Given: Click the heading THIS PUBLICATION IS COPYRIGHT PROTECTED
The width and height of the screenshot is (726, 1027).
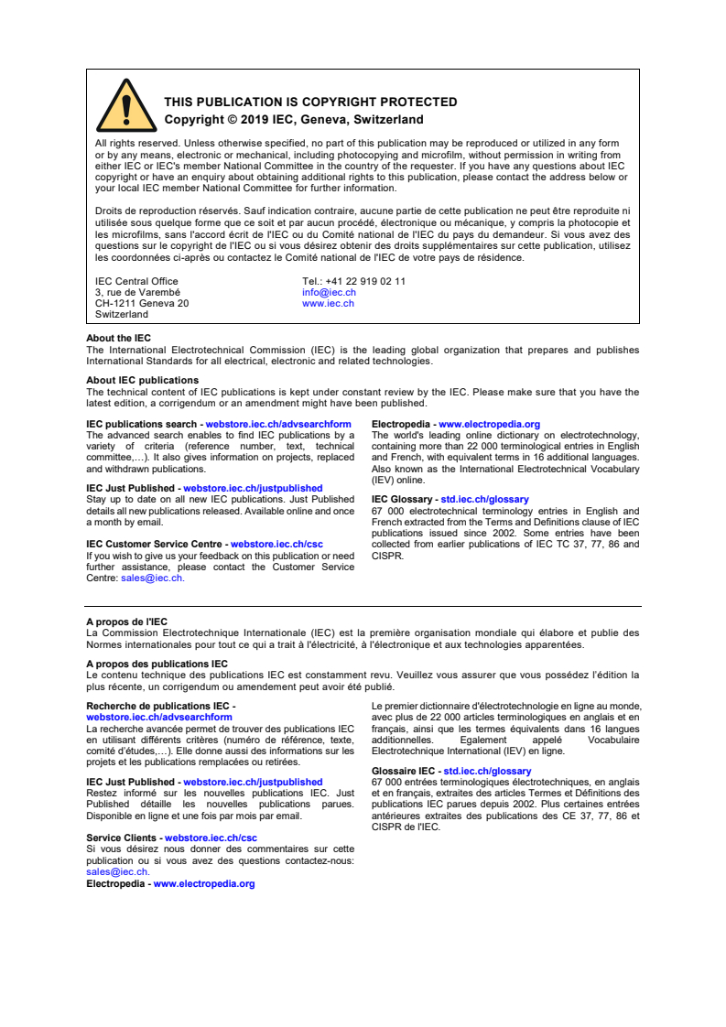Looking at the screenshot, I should click(310, 103).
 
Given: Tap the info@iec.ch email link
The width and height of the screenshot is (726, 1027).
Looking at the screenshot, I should click(328, 292).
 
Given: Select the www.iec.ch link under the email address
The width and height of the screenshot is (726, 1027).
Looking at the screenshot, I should click(328, 303).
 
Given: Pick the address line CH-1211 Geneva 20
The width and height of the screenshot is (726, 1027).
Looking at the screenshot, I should click(142, 303).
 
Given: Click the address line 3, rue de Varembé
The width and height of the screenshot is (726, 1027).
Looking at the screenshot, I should click(137, 292).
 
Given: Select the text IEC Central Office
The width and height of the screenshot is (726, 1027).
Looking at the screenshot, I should click(136, 281).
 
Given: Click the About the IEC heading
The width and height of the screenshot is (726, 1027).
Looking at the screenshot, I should click(118, 338).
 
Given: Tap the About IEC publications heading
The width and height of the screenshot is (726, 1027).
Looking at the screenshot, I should click(142, 380).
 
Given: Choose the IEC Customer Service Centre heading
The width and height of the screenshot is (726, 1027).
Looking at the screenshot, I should click(156, 544).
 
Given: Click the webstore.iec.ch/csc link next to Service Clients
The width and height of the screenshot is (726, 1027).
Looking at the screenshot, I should click(211, 838).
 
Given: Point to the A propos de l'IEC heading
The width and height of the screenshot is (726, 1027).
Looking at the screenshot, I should click(126, 622).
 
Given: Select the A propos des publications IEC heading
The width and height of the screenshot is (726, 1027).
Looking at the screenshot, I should click(157, 664).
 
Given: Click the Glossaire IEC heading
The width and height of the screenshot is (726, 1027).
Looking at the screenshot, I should click(403, 772).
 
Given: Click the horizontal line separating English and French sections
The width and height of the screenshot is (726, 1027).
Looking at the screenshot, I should click(363, 606).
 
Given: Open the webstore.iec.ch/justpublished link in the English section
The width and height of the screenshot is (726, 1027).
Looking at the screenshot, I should click(253, 489).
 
